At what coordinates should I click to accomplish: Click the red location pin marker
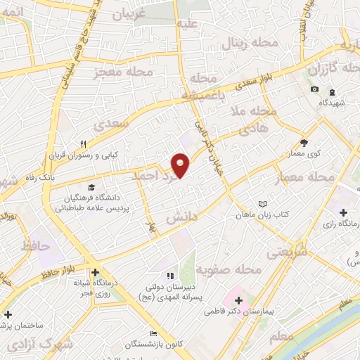click(x=181, y=165)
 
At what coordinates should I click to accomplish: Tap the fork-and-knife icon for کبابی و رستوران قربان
click(x=83, y=144)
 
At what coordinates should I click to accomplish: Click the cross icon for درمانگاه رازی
click(x=343, y=212)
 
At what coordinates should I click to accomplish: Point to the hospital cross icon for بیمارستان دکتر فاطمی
click(x=240, y=300)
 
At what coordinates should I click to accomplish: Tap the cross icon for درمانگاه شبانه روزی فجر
click(x=95, y=272)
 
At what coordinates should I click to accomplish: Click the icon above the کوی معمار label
click(x=304, y=143)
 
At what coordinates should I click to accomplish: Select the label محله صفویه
click(x=229, y=270)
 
